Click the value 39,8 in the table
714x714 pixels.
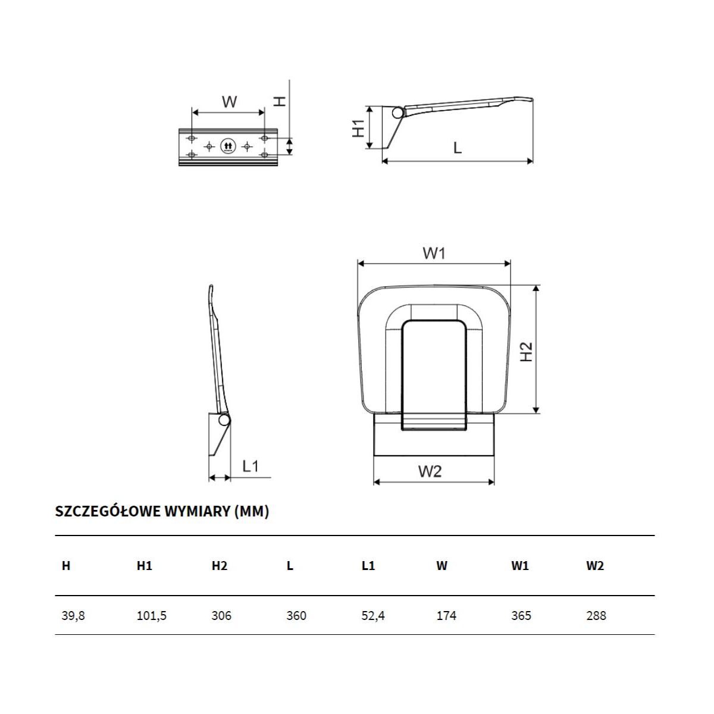pos(73,615)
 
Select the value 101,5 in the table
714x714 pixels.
pos(152,615)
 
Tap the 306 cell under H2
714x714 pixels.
pos(221,615)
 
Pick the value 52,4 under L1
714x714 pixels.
pos(373,615)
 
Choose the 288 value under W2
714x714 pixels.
pos(596,615)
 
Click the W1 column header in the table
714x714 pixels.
pos(520,565)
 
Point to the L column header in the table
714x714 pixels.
pos(290,565)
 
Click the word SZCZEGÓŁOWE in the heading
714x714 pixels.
pos(108,511)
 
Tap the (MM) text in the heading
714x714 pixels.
pos(252,511)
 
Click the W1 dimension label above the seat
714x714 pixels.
pos(434,253)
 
